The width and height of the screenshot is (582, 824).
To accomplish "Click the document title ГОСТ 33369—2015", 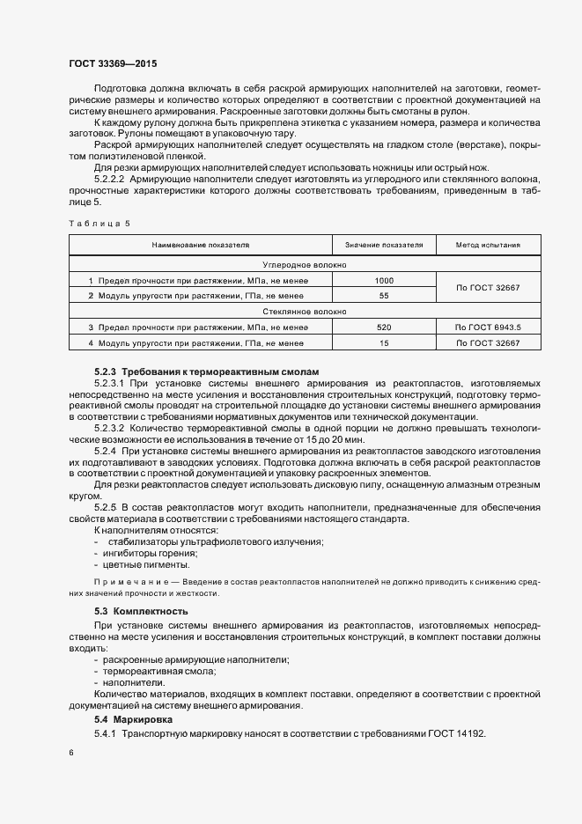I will [x=114, y=63].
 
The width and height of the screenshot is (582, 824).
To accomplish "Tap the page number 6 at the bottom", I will [x=71, y=754].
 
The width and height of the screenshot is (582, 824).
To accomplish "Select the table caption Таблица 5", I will [x=99, y=223].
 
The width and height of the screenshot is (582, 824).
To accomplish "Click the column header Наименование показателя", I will [x=200, y=245].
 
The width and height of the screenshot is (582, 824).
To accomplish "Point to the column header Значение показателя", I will [x=384, y=245].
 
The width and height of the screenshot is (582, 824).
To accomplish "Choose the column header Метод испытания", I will [x=487, y=245].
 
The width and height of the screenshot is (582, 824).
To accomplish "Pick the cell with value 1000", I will [x=384, y=280].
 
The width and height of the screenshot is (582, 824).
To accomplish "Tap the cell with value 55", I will [x=384, y=296].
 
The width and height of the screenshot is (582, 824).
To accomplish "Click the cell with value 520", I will [x=384, y=327].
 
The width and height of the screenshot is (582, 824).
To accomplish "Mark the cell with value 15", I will [x=384, y=343].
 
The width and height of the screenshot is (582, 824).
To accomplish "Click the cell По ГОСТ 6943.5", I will [x=488, y=327].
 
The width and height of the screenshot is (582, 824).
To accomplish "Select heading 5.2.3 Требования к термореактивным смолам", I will [x=207, y=372].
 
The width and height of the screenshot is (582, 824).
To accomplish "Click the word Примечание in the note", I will [x=128, y=583].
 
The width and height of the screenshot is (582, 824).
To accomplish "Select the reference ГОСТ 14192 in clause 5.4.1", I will [x=456, y=733].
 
